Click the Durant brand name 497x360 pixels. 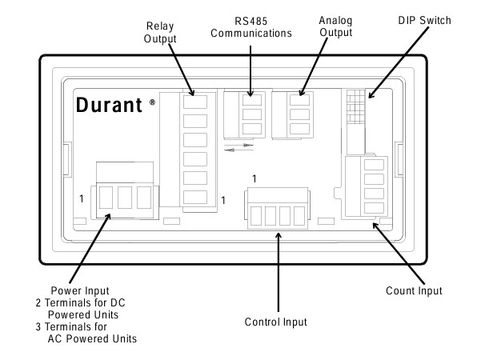(x=109, y=105)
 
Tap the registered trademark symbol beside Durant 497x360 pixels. (x=152, y=102)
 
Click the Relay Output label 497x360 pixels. (x=160, y=32)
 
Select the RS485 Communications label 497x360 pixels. (x=251, y=27)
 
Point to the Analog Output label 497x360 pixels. (x=335, y=26)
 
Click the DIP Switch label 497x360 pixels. (x=424, y=20)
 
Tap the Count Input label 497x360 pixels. (x=414, y=290)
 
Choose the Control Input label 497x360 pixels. (x=276, y=322)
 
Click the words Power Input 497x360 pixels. (x=80, y=290)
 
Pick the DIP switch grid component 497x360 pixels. (x=356, y=106)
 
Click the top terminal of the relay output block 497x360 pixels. (x=195, y=102)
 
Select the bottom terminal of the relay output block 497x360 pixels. (x=195, y=197)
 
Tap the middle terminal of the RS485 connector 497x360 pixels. (x=252, y=114)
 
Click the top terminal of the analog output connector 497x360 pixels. (x=300, y=100)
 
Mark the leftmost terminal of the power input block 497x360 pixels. (x=106, y=198)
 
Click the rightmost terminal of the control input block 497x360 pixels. (x=299, y=216)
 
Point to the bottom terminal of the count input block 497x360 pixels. (x=374, y=208)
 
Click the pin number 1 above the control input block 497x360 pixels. (x=255, y=179)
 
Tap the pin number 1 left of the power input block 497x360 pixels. (x=82, y=198)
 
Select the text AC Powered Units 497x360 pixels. (x=92, y=338)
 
